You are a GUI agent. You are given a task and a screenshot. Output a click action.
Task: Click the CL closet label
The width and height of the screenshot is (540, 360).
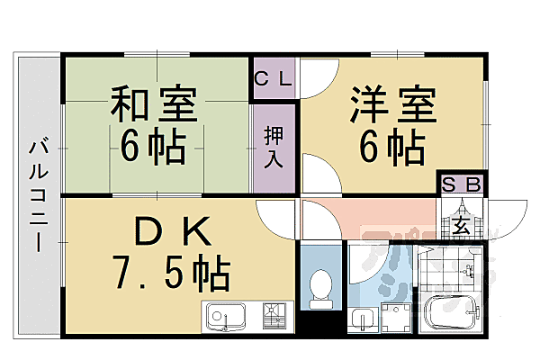[274, 78]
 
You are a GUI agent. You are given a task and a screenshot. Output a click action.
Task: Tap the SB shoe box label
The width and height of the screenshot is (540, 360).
[463, 184]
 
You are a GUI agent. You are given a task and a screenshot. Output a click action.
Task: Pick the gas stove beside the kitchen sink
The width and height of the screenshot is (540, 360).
[274, 317]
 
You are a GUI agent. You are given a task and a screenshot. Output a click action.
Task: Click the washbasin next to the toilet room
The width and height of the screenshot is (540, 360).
[363, 319]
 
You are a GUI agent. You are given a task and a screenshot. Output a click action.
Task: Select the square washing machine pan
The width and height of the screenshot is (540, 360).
[395, 318]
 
